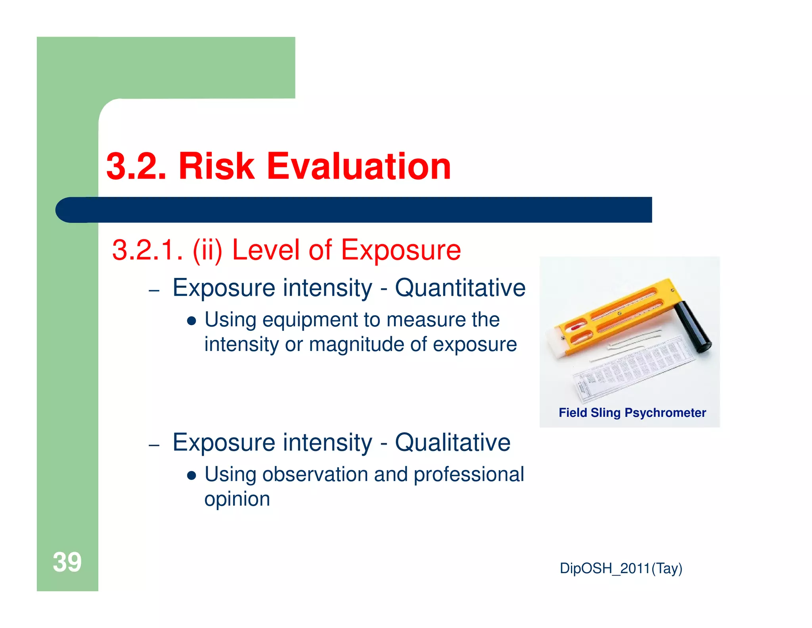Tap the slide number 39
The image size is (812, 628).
click(x=67, y=562)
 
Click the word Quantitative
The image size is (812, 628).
click(x=460, y=287)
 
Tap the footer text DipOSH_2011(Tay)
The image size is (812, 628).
click(x=621, y=568)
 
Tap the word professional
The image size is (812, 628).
click(x=469, y=475)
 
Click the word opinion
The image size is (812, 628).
click(x=237, y=499)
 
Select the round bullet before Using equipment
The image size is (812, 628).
click(x=192, y=321)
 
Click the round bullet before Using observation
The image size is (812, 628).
click(x=192, y=476)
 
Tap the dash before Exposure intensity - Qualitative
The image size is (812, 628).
click(x=154, y=445)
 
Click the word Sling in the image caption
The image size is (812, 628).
click(x=605, y=413)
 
